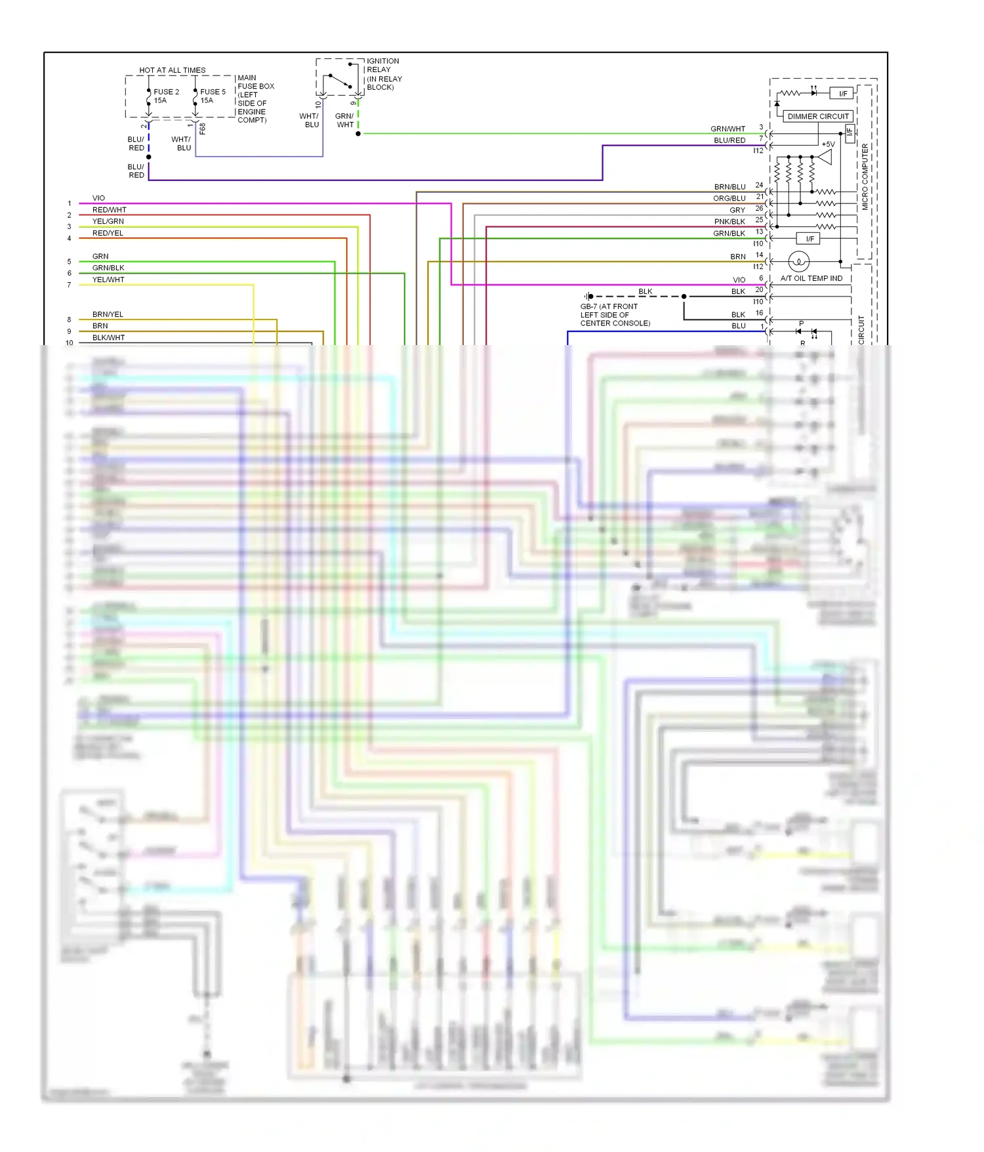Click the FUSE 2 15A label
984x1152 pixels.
[x=165, y=96]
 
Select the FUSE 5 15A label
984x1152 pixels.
[x=212, y=96]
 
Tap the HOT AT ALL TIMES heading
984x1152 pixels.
[x=172, y=70]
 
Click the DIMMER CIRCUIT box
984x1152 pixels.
[x=817, y=116]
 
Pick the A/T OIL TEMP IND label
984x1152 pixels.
[x=811, y=278]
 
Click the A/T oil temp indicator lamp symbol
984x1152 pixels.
[x=798, y=262]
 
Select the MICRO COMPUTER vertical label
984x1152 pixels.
[x=865, y=176]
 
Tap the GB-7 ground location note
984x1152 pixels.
[x=615, y=315]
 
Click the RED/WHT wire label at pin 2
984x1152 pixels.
[x=109, y=210]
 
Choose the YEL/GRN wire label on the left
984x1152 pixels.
[x=108, y=222]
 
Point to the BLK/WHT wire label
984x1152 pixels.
[x=108, y=338]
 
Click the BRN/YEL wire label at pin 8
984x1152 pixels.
[x=108, y=314]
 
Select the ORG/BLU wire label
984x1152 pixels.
[x=729, y=198]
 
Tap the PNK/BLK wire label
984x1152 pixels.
[x=729, y=222]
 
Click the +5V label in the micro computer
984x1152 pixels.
[x=828, y=144]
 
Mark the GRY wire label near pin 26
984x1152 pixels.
[x=737, y=210]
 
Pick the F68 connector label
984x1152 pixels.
[x=203, y=129]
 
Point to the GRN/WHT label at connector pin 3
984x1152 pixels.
[x=728, y=129]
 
